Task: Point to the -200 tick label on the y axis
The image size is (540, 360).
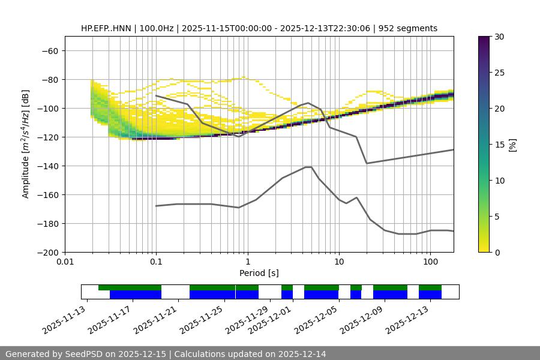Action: click(48, 252)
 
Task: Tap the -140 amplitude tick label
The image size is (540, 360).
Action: click(48, 166)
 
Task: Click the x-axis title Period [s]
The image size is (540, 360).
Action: click(259, 273)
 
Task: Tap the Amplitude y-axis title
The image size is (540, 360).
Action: click(26, 144)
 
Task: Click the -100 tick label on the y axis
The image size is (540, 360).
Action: click(48, 108)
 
